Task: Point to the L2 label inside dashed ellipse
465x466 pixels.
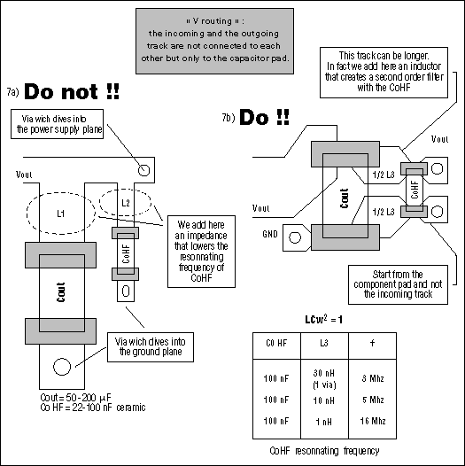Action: (x=125, y=203)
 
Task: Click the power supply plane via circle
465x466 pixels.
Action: (x=143, y=167)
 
